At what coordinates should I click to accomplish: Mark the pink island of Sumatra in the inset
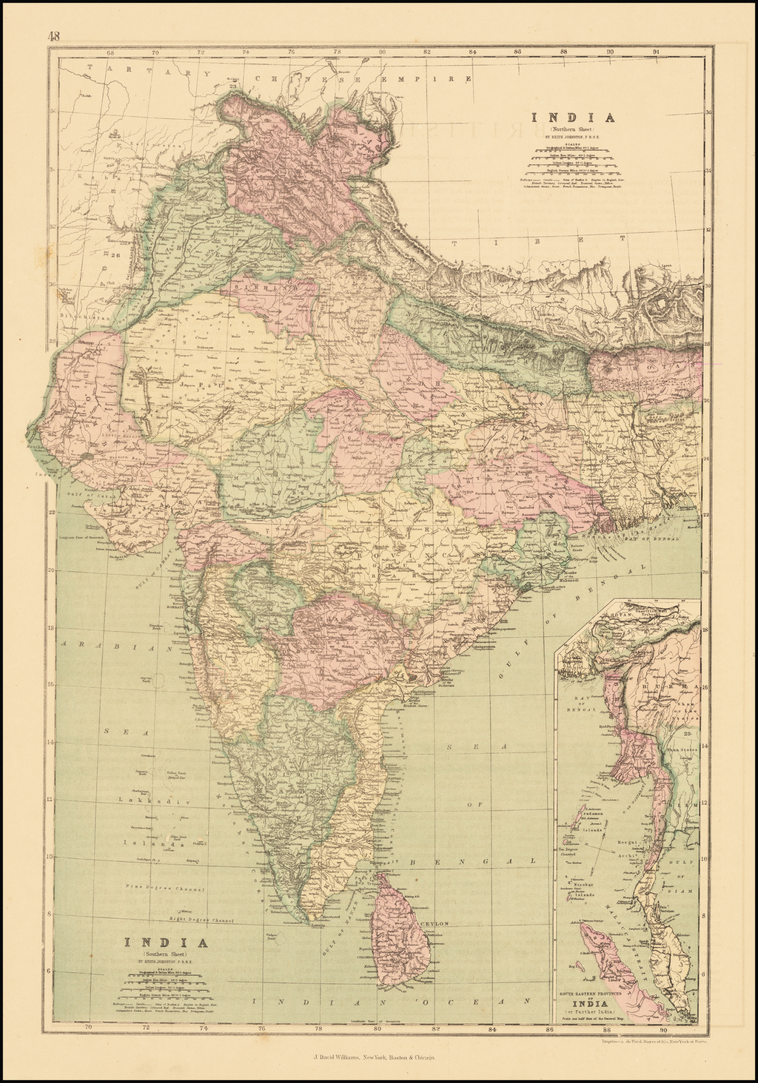600,954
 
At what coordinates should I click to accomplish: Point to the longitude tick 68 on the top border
109,53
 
